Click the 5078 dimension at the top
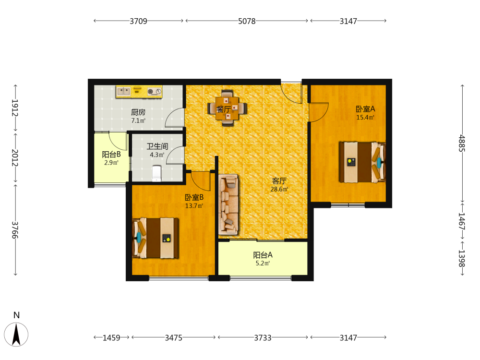pos(247,21)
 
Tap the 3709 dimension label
pos(138,21)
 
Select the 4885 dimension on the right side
pos(462,143)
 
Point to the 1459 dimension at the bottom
pos(111,337)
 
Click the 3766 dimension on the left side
pos(15,230)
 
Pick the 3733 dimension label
pos(263,337)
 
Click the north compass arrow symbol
pos(16,335)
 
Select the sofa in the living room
pos(228,204)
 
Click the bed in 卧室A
pos(362,162)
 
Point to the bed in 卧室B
pos(155,238)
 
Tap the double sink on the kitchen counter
pos(124,91)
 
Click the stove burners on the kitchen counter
pos(155,92)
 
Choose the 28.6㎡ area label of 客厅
pos(279,189)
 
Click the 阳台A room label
pos(263,255)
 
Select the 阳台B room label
pos(111,154)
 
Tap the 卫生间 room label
pos(157,146)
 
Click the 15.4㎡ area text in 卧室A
pos(365,117)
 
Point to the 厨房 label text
pos(138,112)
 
